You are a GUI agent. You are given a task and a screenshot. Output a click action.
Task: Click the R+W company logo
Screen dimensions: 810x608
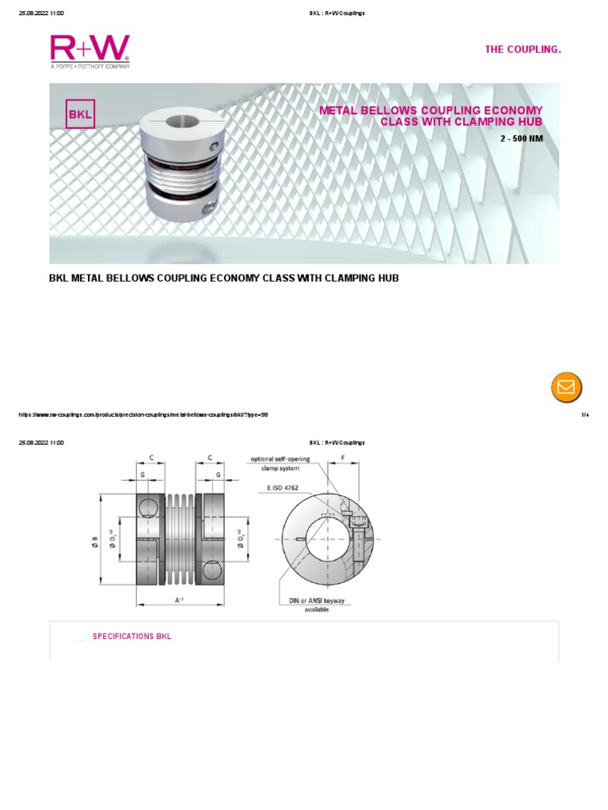pos(89,51)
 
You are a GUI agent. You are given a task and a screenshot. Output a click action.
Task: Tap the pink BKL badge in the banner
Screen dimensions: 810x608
pos(80,114)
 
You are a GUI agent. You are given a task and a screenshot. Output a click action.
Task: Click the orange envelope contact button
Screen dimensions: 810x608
pos(566,387)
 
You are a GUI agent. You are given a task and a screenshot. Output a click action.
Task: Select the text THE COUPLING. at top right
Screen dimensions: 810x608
pos(522,50)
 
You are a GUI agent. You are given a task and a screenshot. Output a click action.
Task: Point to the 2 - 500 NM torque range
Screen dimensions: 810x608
pos(521,138)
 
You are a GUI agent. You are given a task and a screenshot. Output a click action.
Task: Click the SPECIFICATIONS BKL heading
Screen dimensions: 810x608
pos(131,636)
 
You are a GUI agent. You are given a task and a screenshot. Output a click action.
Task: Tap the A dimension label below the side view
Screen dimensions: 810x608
pos(180,601)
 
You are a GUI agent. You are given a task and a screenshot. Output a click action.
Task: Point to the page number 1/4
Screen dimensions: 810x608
pos(585,414)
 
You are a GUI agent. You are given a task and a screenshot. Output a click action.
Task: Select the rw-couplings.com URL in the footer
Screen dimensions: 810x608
pos(142,414)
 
